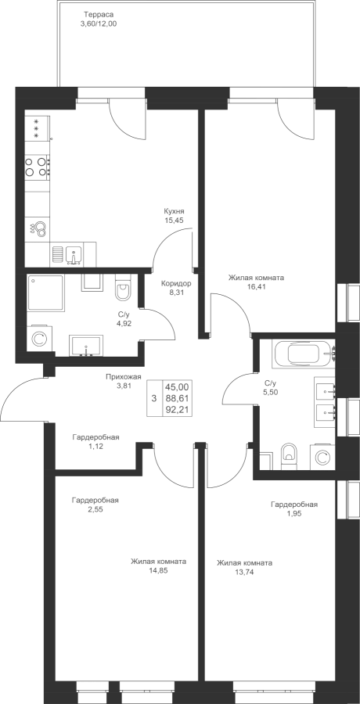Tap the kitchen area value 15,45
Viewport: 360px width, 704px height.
coord(175,220)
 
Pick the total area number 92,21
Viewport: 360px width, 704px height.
coord(177,409)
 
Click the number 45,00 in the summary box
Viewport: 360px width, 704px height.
coord(177,386)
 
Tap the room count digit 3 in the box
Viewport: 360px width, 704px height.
coord(154,398)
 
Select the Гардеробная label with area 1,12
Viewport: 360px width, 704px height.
coord(95,437)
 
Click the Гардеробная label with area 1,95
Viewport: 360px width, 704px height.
coord(294,505)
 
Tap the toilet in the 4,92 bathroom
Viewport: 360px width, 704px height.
coord(122,289)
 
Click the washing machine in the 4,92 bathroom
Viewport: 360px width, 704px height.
coord(39,339)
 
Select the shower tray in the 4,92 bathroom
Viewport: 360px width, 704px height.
coord(45,293)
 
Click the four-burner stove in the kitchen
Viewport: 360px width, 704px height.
coord(38,166)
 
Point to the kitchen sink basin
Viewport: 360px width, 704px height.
coord(74,254)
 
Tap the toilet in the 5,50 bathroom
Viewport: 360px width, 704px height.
coord(289,454)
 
